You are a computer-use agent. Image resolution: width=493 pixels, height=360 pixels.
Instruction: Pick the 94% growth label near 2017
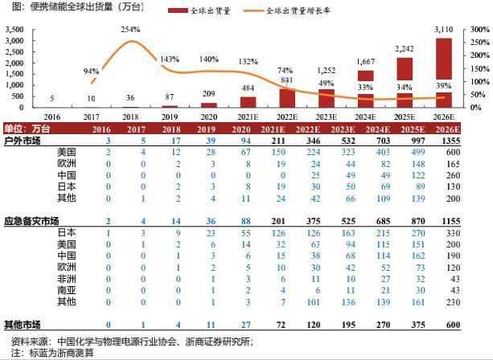[x=91, y=71]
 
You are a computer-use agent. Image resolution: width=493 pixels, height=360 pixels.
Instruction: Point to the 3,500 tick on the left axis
[x=14, y=30]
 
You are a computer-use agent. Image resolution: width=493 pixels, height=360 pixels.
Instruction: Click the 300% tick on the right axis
[x=478, y=30]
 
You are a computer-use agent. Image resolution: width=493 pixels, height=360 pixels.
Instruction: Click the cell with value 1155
[x=473, y=220]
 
